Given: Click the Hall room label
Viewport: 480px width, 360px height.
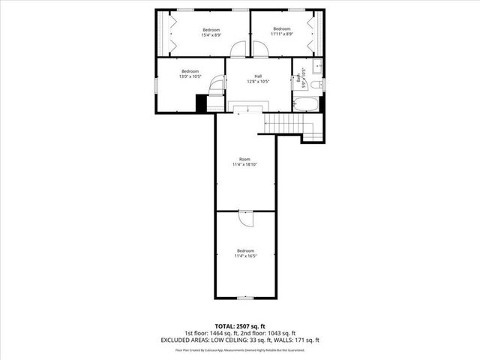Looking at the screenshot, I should pos(258,76).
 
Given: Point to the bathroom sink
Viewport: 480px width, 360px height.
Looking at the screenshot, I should pos(316,66).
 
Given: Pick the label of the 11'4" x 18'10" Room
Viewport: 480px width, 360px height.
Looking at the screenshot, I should pos(244,159).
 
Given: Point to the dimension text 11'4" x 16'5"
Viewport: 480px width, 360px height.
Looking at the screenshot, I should pos(245,256).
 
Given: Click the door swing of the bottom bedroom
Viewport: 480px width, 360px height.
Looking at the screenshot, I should pos(246,217).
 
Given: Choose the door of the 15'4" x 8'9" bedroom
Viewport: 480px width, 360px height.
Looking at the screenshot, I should pos(238,51).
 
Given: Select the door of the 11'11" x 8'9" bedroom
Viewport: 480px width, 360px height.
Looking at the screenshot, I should pos(260,51).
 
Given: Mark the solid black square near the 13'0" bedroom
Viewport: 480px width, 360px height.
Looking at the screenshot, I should pos(201,103).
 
